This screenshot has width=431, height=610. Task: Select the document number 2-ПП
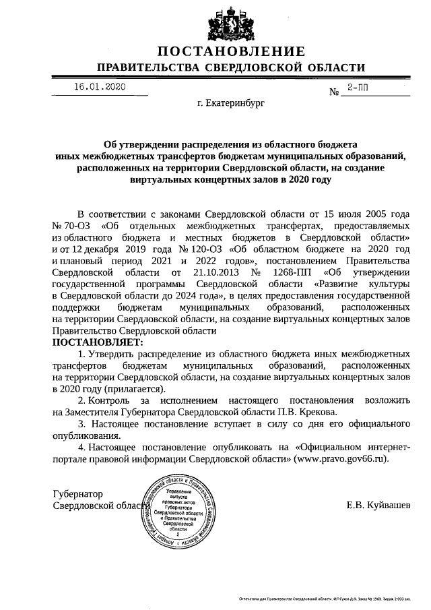[x=358, y=88]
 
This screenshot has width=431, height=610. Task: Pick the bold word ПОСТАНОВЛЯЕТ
[x=93, y=342]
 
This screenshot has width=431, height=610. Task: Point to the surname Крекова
[x=317, y=411]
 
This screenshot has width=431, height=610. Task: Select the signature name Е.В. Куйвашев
[x=377, y=505]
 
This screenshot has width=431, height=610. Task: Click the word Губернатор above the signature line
[x=79, y=493]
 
